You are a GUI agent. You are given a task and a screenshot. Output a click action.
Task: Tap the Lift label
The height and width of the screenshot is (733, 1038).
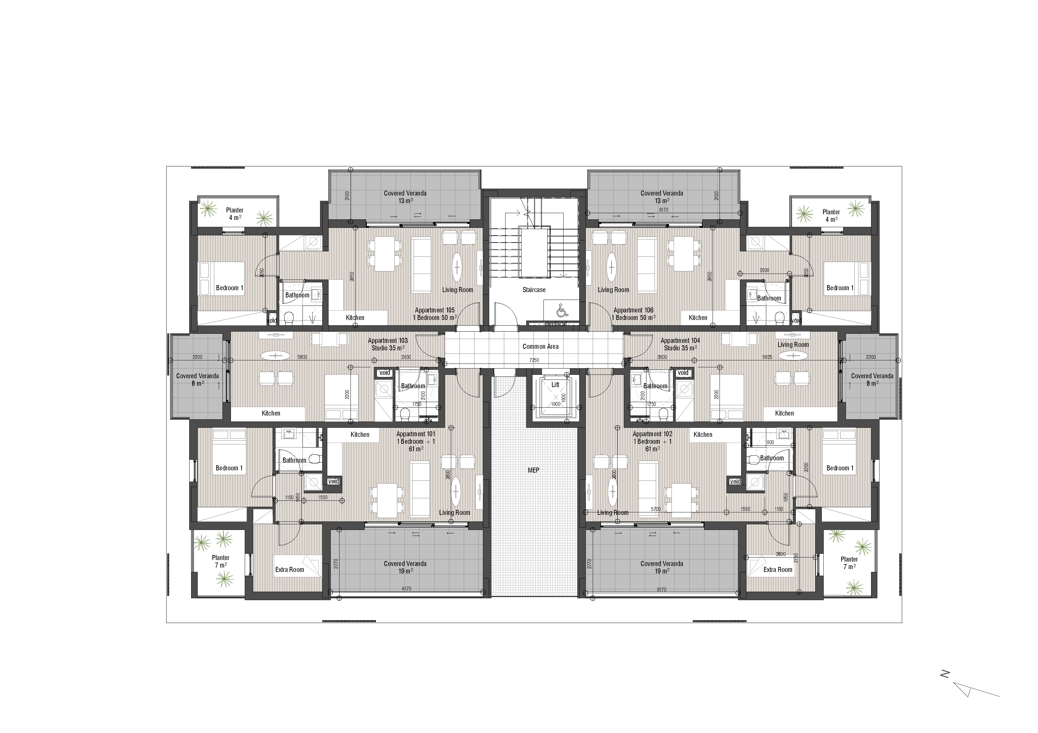[555, 385]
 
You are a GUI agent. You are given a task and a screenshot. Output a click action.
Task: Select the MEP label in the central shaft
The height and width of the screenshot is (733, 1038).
[533, 470]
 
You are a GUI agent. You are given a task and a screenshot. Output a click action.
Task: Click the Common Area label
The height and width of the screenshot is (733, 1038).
[540, 346]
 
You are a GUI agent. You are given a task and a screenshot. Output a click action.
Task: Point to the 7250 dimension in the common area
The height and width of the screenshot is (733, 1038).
[534, 360]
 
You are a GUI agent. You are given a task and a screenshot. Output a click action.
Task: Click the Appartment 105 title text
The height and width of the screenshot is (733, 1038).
[435, 310]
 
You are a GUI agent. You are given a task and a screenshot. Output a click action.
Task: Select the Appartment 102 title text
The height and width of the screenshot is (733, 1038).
[652, 434]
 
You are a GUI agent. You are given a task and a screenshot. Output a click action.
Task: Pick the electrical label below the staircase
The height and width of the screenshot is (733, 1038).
[556, 324]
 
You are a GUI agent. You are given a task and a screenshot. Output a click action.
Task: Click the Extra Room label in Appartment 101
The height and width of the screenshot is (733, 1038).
[289, 569]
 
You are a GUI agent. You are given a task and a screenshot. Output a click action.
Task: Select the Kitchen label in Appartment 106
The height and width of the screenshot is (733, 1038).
[698, 317]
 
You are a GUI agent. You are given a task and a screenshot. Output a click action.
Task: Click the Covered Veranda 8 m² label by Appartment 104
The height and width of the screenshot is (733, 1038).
[872, 380]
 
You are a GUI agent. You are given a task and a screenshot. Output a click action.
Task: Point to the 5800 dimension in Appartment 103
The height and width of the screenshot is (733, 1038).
[302, 357]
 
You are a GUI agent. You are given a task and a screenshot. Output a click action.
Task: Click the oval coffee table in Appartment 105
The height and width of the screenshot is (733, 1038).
[457, 267]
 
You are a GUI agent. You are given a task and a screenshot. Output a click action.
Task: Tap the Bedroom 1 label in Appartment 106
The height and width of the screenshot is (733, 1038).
[840, 288]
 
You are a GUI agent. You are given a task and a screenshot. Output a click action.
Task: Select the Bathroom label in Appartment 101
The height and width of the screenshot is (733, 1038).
[294, 460]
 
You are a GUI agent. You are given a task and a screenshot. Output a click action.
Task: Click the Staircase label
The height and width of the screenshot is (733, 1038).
[534, 290]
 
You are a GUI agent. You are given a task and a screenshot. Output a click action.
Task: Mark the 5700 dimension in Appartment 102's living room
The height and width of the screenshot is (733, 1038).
[655, 509]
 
